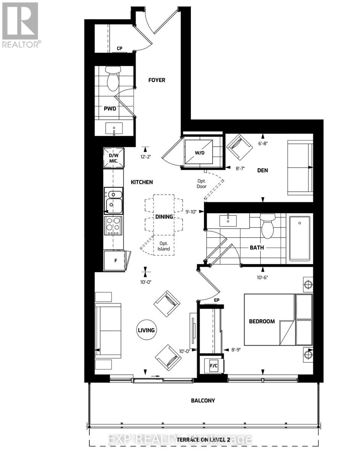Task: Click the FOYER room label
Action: tap(157, 80)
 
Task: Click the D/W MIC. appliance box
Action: tap(114, 157)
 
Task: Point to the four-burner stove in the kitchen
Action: tap(113, 226)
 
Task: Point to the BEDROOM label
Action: tap(262, 321)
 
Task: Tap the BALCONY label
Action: tap(203, 401)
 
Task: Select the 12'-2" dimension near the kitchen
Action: tap(146, 156)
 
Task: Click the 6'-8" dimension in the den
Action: tap(263, 144)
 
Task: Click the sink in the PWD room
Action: tap(114, 129)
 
